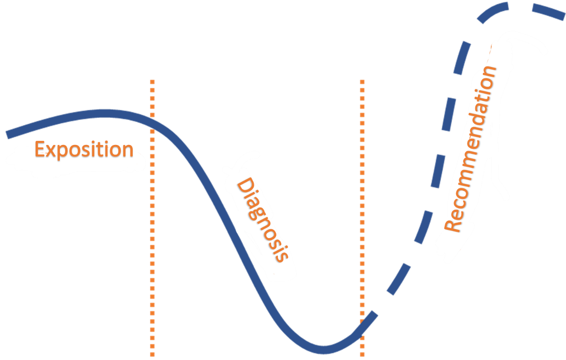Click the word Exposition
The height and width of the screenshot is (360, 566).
[x=84, y=150]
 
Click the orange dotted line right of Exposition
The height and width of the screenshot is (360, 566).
[x=153, y=216]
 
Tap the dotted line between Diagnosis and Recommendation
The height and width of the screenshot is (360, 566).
[x=362, y=202]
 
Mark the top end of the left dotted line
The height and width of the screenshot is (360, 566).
[x=153, y=82]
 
